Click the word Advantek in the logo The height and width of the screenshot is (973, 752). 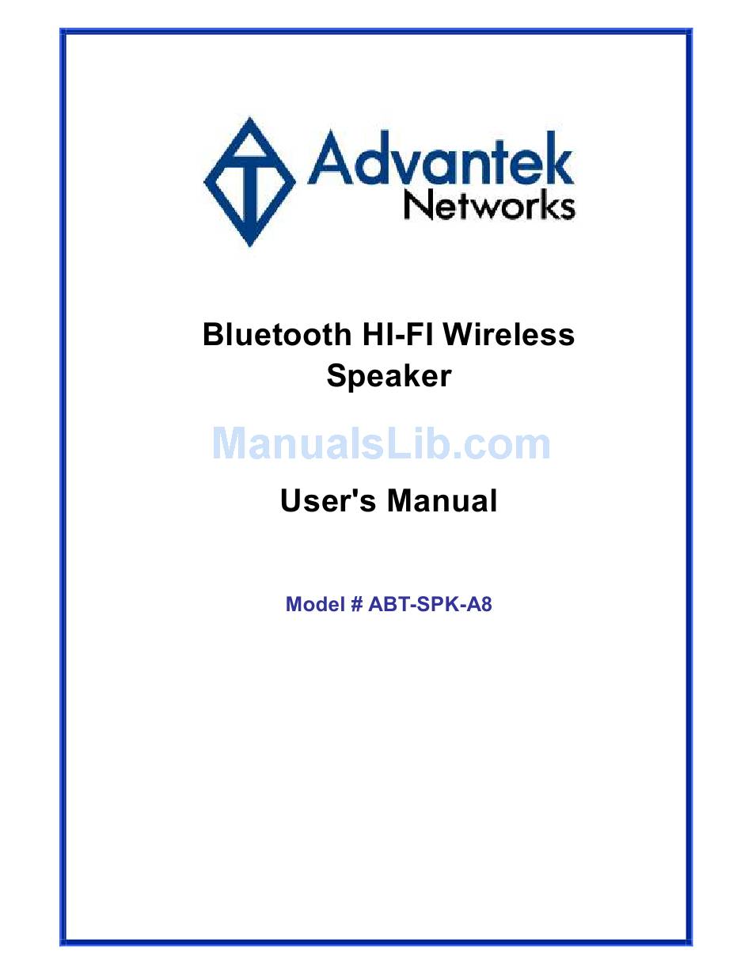coord(440,158)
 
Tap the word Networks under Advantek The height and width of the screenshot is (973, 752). coord(489,206)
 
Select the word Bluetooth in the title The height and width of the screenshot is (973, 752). coord(277,334)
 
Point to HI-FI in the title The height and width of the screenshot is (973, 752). coord(397,334)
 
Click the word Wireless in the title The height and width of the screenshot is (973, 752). coord(509,334)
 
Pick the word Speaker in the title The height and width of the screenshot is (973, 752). coord(389,377)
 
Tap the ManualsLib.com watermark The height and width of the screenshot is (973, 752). coord(381,444)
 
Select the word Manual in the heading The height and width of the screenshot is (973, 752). coord(442,500)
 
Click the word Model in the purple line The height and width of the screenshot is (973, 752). coord(315,604)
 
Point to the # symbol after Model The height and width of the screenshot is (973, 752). coord(356,604)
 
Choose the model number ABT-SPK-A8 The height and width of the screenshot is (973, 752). coord(430,604)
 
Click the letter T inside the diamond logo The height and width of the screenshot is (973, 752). coord(249,188)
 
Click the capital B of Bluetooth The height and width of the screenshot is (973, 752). coord(214,334)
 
